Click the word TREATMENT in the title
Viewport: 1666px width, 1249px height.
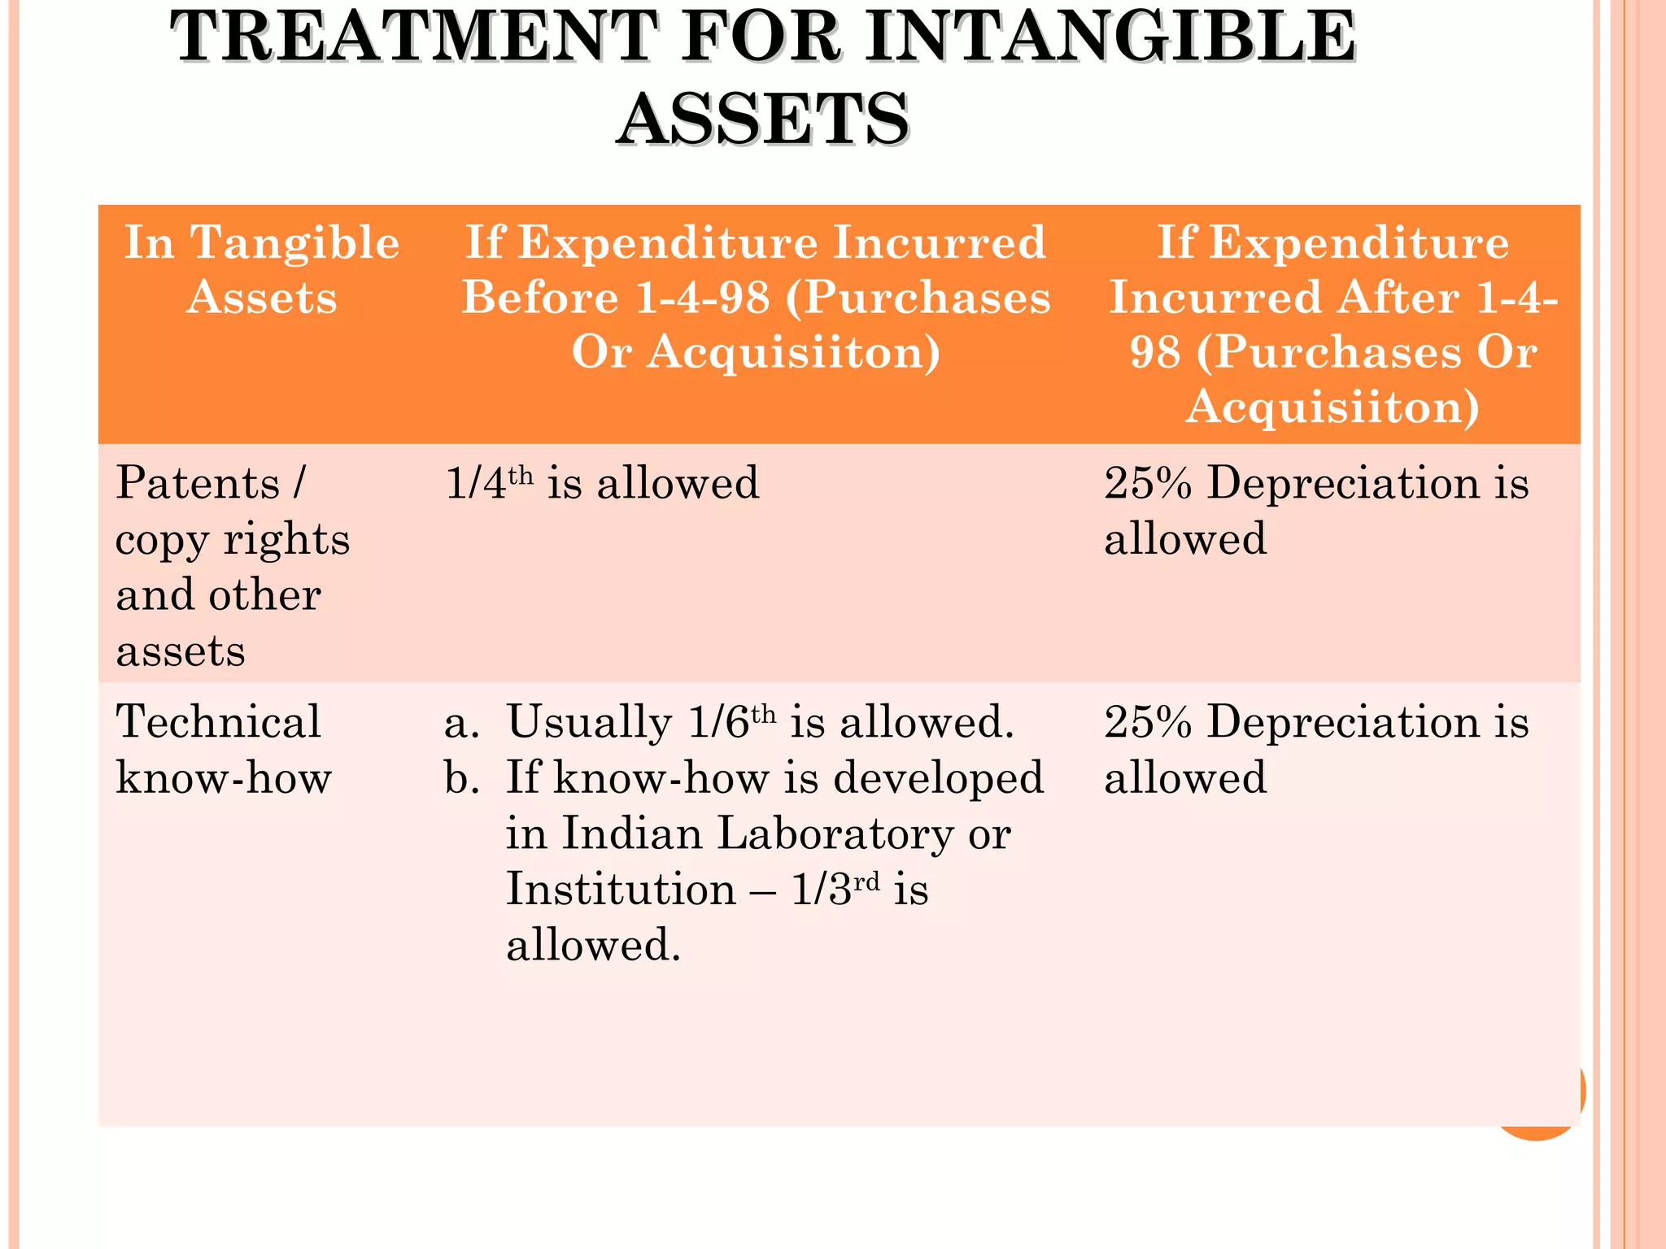pos(414,37)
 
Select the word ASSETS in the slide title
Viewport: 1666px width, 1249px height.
pos(762,120)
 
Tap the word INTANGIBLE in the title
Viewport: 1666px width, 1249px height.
pos(1110,37)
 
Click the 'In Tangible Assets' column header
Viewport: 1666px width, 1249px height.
pos(261,269)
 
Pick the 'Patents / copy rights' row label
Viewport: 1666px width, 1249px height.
pos(233,511)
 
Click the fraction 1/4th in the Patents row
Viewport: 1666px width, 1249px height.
pos(489,482)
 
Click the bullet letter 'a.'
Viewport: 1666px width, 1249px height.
pos(461,723)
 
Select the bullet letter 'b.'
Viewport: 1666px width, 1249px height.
pos(461,778)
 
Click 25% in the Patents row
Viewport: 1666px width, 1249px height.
pos(1148,482)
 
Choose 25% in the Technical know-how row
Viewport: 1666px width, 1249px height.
pos(1148,721)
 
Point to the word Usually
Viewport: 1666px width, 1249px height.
pos(589,721)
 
